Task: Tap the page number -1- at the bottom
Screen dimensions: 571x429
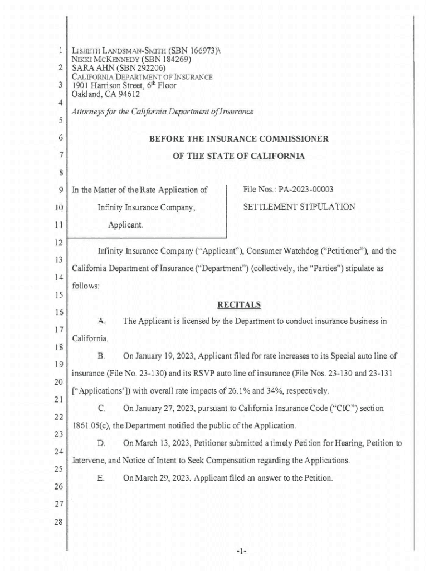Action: coord(240,551)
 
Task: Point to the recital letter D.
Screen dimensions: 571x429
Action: coord(101,443)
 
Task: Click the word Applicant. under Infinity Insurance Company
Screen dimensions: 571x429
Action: coord(125,225)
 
